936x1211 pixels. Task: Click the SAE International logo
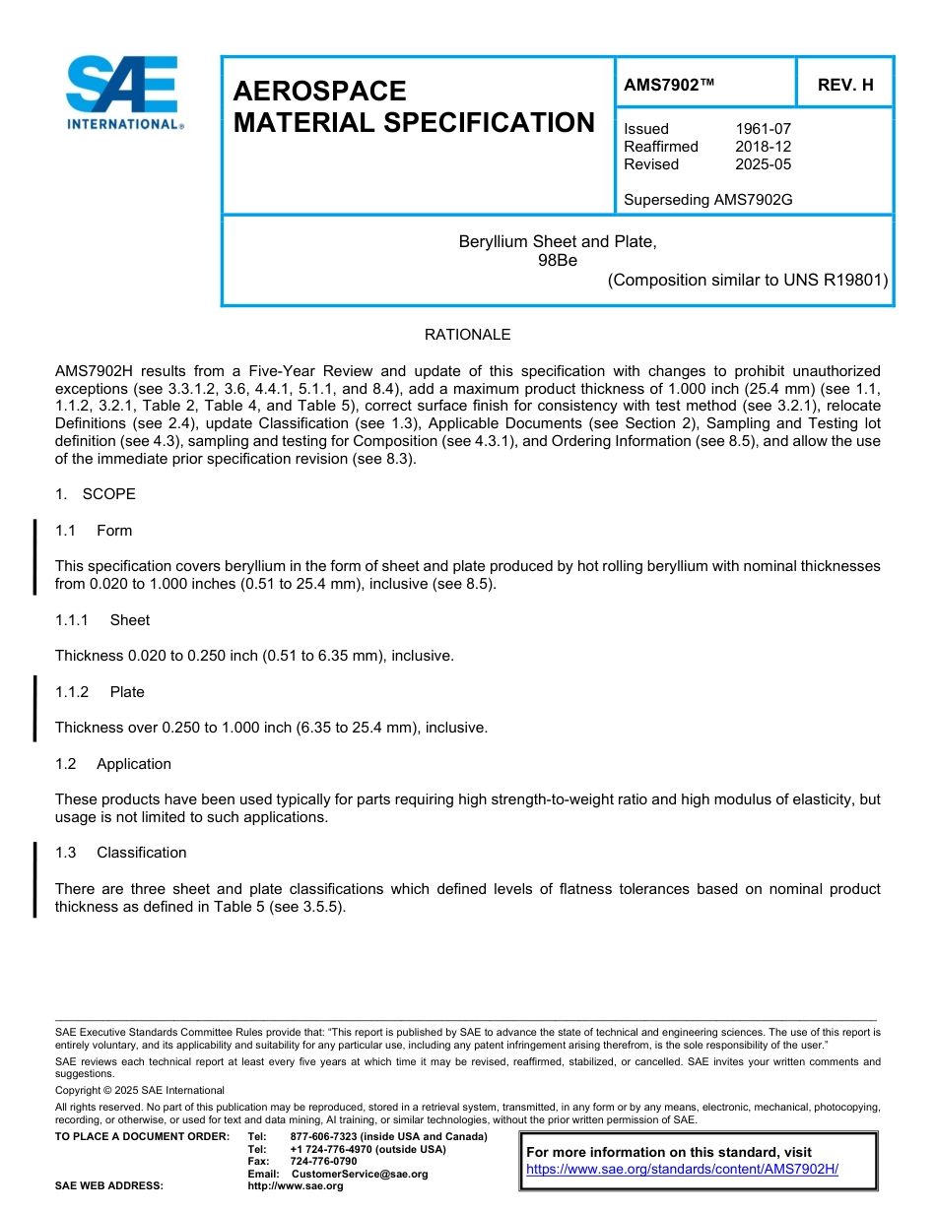123,95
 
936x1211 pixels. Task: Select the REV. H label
845,86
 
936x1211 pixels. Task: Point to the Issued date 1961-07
763,129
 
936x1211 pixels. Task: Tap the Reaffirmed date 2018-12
763,147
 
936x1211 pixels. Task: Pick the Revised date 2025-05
763,164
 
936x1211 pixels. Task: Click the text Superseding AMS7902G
707,200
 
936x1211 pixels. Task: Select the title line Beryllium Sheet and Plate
557,241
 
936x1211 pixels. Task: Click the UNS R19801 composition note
748,280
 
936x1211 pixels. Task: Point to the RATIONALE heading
467,335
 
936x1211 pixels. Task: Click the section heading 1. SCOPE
96,494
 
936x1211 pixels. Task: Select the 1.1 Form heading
94,531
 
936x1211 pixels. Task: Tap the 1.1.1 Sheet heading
102,620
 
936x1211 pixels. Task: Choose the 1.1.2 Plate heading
100,692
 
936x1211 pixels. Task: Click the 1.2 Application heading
113,764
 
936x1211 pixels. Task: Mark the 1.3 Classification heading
120,853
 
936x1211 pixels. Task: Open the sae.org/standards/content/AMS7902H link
682,1169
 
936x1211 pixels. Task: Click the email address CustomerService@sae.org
359,1174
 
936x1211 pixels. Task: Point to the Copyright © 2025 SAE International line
140,1090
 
